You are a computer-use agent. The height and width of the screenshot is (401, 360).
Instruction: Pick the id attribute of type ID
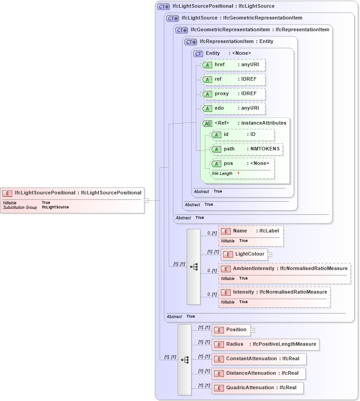(243, 135)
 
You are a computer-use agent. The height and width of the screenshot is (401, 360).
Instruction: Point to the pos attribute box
(242, 164)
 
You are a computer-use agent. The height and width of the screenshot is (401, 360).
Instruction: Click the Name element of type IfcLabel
(251, 231)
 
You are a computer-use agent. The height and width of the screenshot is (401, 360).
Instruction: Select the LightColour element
(244, 254)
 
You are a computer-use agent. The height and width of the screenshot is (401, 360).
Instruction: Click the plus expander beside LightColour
(270, 254)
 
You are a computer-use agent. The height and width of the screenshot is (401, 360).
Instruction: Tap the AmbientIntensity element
(284, 269)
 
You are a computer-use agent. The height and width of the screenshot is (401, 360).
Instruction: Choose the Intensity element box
(274, 292)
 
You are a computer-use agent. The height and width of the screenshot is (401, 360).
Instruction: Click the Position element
(231, 330)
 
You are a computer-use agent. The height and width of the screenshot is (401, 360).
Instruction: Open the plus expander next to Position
(253, 330)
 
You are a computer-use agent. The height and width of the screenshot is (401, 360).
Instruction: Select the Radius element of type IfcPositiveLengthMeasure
(265, 344)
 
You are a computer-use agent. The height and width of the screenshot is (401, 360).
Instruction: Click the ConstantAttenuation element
(258, 359)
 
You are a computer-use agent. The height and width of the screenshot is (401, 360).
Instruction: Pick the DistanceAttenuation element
(258, 373)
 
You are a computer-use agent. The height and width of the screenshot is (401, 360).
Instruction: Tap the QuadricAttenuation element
(257, 388)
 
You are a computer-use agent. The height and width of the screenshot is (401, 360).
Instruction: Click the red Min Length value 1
(238, 174)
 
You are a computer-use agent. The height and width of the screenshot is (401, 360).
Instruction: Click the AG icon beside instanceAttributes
(207, 123)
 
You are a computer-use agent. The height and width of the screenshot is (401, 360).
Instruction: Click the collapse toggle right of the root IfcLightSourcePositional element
(146, 200)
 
